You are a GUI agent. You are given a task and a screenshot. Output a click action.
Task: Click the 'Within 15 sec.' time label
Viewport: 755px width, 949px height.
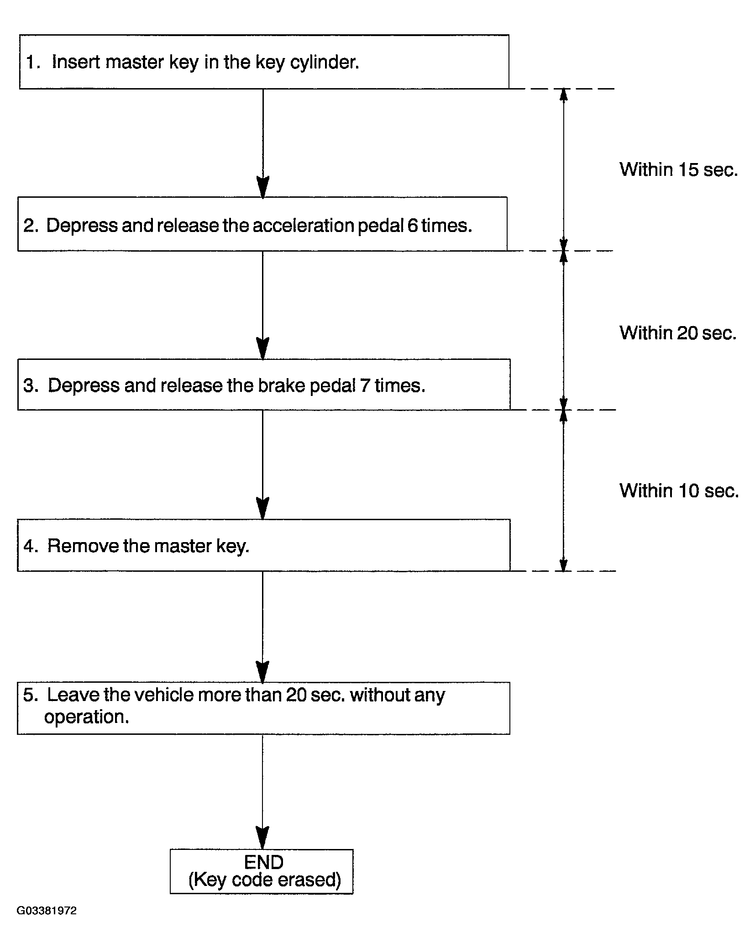click(678, 169)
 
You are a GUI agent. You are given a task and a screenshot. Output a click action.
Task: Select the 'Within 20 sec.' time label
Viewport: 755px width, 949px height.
click(678, 332)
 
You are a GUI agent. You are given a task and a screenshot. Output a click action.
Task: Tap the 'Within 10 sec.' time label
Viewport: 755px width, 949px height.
click(679, 490)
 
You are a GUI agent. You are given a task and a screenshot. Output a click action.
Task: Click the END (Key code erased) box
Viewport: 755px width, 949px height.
click(262, 871)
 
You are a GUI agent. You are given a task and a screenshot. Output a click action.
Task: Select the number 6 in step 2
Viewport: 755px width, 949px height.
click(413, 226)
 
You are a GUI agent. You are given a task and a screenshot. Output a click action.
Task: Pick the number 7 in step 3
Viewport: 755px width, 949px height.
click(365, 385)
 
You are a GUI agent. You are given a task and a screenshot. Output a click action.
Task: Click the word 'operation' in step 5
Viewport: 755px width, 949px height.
click(86, 717)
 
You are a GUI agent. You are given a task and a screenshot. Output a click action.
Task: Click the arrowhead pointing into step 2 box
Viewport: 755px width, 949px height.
click(263, 187)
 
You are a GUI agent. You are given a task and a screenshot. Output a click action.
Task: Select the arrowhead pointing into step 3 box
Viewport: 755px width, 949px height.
click(263, 348)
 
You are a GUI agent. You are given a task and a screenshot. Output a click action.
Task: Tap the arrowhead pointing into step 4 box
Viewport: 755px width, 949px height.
click(263, 508)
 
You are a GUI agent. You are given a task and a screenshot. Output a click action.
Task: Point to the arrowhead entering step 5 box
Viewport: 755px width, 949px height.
click(262, 672)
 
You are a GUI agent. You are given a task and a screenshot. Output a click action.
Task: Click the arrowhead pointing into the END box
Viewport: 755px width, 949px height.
click(262, 838)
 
